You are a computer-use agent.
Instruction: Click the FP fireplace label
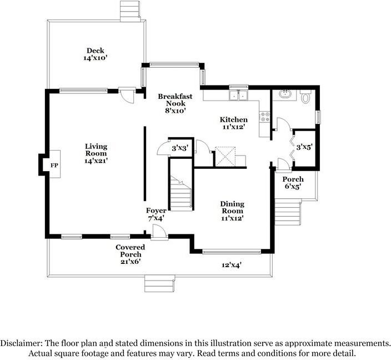[54, 166]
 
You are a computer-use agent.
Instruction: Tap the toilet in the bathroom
[305, 97]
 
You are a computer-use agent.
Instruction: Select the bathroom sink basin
[285, 94]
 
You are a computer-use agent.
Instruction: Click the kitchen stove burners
[265, 117]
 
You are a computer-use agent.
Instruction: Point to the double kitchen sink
[239, 95]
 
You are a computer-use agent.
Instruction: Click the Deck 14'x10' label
[96, 54]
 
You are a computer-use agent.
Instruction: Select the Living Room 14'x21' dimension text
[96, 161]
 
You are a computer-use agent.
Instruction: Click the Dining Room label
[232, 207]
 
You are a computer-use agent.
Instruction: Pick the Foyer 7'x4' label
[156, 214]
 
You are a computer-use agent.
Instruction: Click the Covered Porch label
[130, 251]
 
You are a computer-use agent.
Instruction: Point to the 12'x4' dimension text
[232, 265]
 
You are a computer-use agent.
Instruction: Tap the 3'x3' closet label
[180, 148]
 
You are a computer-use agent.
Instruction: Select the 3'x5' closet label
[304, 147]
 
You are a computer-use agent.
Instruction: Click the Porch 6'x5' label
[293, 183]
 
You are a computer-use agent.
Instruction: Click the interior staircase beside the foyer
[181, 193]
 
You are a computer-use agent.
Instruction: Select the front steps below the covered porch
[159, 283]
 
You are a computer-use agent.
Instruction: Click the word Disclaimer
[21, 343]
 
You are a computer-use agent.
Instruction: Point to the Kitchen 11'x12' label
[233, 123]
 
